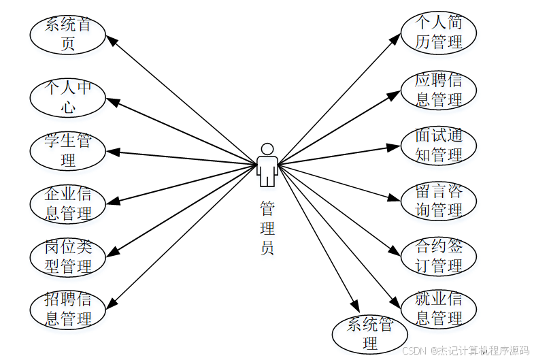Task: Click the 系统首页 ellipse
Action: pyautogui.click(x=67, y=35)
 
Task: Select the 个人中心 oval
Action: pyautogui.click(x=67, y=97)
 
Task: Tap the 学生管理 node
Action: pyautogui.click(x=67, y=150)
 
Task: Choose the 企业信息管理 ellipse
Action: pyautogui.click(x=67, y=203)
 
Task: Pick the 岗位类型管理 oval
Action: pyautogui.click(x=67, y=257)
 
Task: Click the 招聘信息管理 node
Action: pyautogui.click(x=67, y=308)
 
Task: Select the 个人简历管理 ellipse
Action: pyautogui.click(x=439, y=33)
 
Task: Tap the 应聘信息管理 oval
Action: pyautogui.click(x=439, y=90)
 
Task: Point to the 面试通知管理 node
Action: pyautogui.click(x=439, y=145)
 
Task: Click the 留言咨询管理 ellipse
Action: pyautogui.click(x=439, y=201)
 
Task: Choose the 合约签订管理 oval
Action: pyautogui.click(x=439, y=255)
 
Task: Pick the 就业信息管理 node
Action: pyautogui.click(x=439, y=308)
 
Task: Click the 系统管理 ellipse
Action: pyautogui.click(x=370, y=333)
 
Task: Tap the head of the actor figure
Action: pyautogui.click(x=267, y=149)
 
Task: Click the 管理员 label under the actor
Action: pyautogui.click(x=267, y=227)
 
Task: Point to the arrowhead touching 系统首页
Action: pyautogui.click(x=111, y=39)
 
